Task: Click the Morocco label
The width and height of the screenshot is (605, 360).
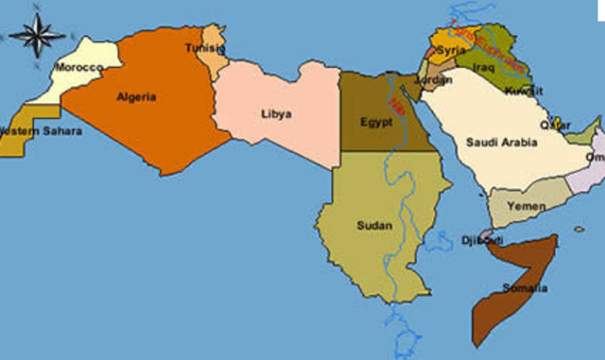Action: pos(78,68)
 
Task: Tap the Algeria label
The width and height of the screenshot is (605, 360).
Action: pos(136,96)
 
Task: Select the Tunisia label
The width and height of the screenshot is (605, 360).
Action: pos(204,48)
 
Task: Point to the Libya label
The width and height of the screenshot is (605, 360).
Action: pos(276,114)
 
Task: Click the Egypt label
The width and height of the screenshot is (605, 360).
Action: pos(376,123)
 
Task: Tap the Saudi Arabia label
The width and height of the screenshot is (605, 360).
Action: pos(501,143)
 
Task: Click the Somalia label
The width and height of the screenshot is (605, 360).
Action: pos(526,288)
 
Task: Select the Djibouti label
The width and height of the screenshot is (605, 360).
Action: pos(482,241)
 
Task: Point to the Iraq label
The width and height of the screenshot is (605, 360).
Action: pos(483,68)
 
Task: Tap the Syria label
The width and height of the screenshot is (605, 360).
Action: pos(452,49)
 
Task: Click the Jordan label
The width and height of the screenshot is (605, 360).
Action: pos(433,80)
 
